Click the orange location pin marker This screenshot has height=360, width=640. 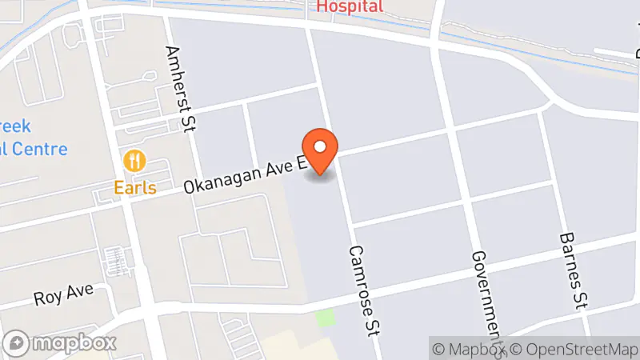(x=321, y=149)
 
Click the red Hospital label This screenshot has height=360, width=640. (x=350, y=6)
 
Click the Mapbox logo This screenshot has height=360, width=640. (x=60, y=343)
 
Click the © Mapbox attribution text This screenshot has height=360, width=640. (x=469, y=349)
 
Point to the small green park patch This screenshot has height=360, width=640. (x=324, y=318)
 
